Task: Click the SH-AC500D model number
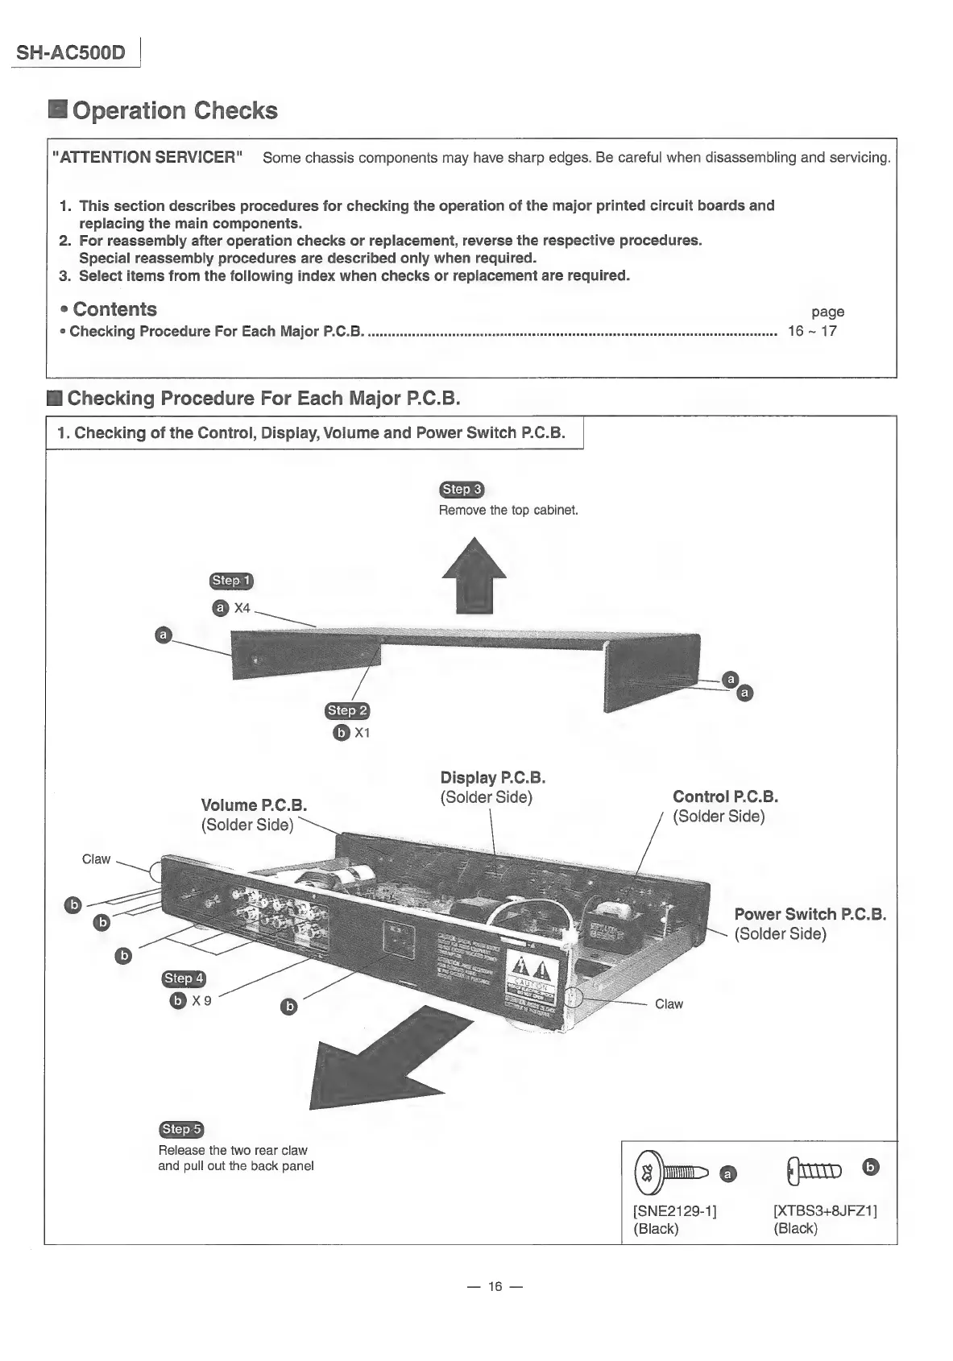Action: [x=71, y=53]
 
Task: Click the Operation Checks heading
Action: [x=174, y=110]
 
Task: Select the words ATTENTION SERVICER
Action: [x=147, y=157]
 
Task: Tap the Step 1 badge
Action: [x=231, y=581]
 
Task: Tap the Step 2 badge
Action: [x=347, y=710]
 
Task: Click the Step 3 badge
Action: [x=462, y=490]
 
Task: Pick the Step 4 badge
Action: [x=184, y=978]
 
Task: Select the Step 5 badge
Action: [x=181, y=1129]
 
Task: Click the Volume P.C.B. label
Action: [x=254, y=805]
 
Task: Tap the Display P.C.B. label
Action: [x=493, y=778]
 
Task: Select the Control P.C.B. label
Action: [x=725, y=797]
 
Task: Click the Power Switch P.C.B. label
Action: [x=810, y=915]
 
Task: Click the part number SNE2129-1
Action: [x=675, y=1210]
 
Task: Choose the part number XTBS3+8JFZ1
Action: [x=825, y=1210]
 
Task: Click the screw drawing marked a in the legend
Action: [x=672, y=1172]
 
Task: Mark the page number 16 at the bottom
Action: [x=495, y=1286]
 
